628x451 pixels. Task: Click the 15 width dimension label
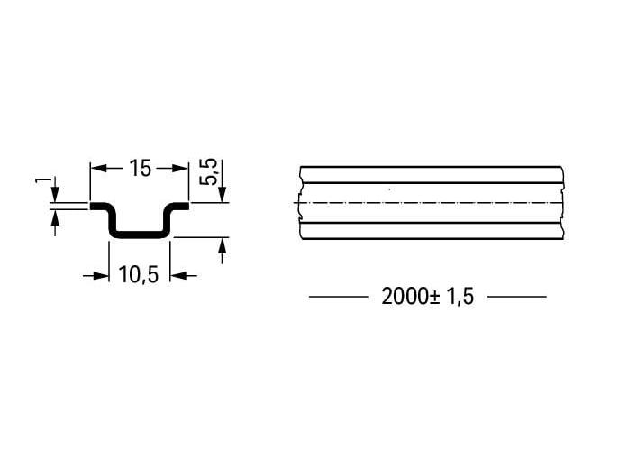(x=141, y=168)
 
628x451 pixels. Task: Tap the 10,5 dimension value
(x=139, y=274)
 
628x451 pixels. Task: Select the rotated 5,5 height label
(x=208, y=172)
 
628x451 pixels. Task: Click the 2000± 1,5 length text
(x=427, y=297)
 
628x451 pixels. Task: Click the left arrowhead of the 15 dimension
(x=98, y=168)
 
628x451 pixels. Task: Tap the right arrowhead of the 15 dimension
(x=180, y=168)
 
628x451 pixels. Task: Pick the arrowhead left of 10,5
(x=101, y=276)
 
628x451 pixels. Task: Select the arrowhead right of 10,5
(x=177, y=276)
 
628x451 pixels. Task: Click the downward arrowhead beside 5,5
(x=223, y=194)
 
